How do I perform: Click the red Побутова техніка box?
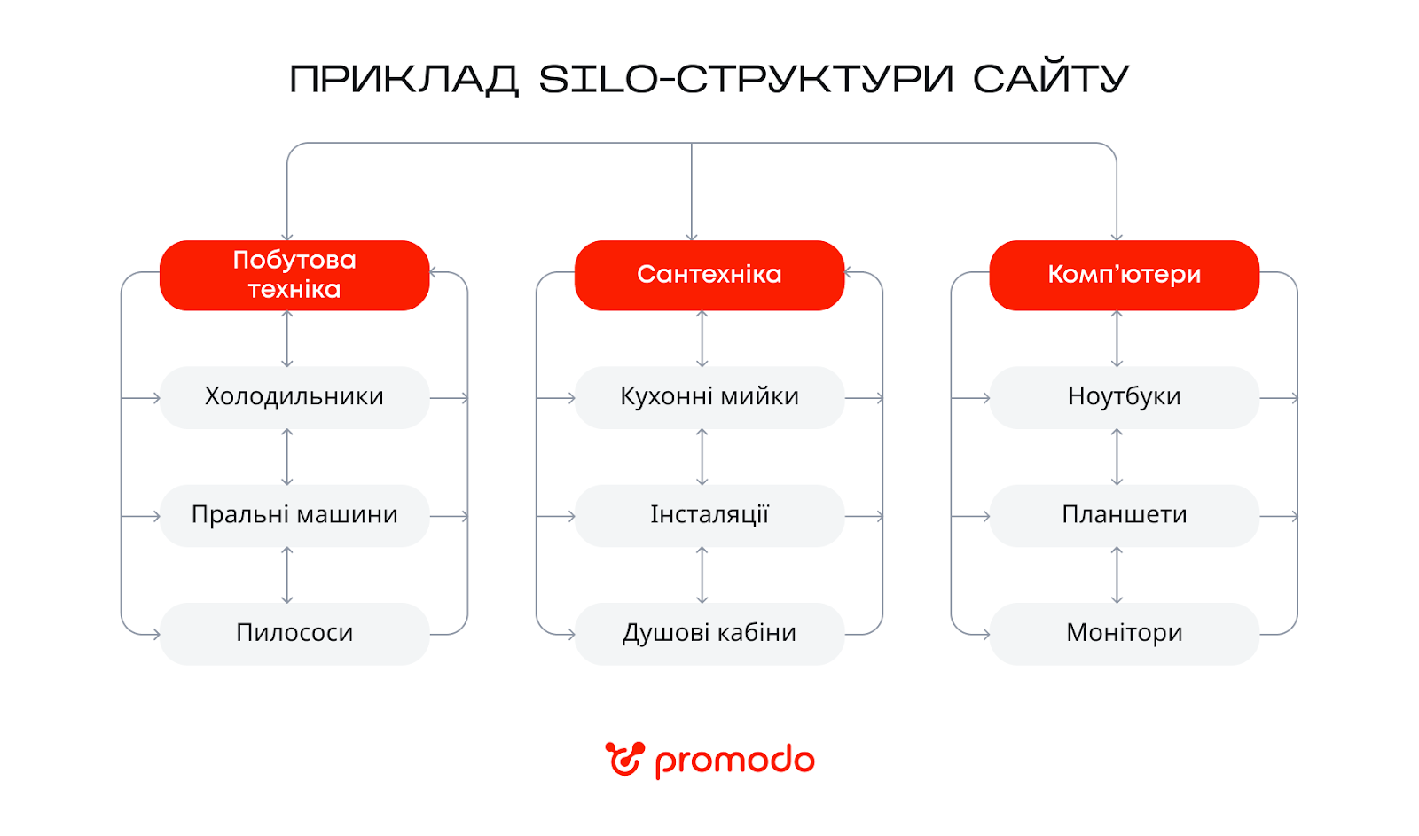(294, 275)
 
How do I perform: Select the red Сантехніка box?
(709, 275)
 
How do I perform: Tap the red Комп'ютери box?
(1124, 275)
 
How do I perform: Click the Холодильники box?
(294, 397)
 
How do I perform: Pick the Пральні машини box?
(294, 515)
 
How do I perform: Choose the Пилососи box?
(294, 633)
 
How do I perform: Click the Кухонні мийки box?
(709, 397)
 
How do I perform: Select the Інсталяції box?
(709, 515)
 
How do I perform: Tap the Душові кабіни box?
(709, 633)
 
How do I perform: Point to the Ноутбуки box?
(1124, 397)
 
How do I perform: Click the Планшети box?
(1124, 515)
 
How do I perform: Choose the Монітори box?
(1124, 633)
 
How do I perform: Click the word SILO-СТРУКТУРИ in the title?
(746, 79)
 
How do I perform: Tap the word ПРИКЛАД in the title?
(404, 79)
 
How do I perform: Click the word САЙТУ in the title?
(1051, 79)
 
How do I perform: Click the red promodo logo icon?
(624, 760)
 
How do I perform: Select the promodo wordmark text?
(734, 762)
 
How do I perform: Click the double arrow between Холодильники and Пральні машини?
(286, 457)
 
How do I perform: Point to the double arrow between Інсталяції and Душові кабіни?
(702, 574)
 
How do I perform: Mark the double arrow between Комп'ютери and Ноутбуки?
(1117, 339)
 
